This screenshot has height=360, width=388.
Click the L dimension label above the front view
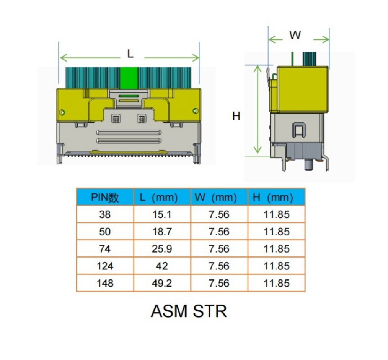click(x=130, y=54)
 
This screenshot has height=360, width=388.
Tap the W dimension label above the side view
click(x=295, y=35)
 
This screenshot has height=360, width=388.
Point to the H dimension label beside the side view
click(x=236, y=116)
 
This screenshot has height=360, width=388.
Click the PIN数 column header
click(x=105, y=198)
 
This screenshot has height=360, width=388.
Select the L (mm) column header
click(x=159, y=198)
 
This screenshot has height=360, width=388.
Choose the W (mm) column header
click(x=215, y=198)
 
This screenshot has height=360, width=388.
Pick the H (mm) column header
click(x=273, y=198)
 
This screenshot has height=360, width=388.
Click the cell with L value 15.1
click(x=162, y=214)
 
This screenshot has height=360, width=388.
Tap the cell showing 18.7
click(x=162, y=232)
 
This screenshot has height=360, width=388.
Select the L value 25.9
click(x=162, y=249)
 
